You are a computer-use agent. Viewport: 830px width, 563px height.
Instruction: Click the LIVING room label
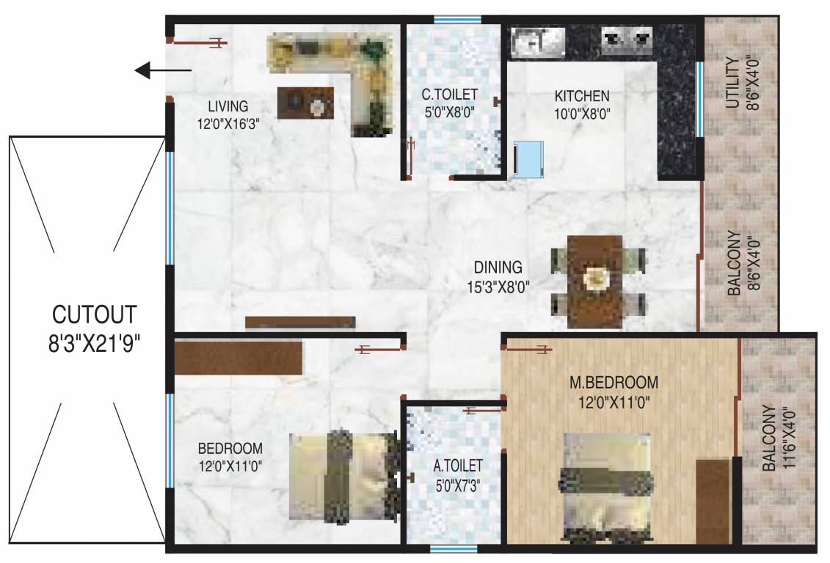(227, 106)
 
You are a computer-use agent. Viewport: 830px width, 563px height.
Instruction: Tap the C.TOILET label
(449, 95)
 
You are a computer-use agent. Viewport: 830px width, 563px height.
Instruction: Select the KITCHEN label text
(582, 96)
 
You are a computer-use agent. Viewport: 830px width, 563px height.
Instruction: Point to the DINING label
(498, 268)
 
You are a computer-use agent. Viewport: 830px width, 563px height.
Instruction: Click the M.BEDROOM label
(614, 383)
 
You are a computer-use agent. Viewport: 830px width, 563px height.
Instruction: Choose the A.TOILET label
(458, 465)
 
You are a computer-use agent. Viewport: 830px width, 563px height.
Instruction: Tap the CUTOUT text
(94, 314)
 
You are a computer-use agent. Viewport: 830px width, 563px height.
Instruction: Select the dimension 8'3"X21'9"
(94, 342)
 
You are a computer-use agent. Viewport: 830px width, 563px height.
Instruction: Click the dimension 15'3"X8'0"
(498, 286)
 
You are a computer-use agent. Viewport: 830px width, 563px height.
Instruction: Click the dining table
(595, 281)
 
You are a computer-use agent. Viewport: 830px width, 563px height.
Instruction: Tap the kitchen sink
(536, 41)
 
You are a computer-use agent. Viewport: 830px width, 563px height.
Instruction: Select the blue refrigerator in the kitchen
(528, 159)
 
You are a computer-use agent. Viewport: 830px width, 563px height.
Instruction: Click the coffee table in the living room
(305, 103)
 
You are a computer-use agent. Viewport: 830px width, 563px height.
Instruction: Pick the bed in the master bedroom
(606, 485)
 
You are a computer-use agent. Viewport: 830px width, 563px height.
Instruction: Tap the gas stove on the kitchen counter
(627, 40)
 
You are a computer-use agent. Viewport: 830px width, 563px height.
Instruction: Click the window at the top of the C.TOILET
(457, 20)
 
